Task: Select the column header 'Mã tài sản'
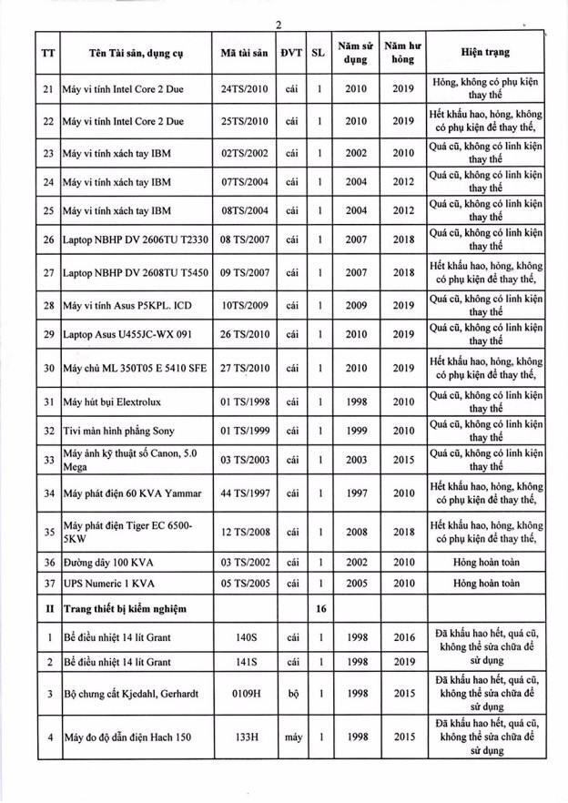pos(244,54)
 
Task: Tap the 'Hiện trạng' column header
pos(480,54)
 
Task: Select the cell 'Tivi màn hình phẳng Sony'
pos(118,431)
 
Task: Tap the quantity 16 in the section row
pos(319,608)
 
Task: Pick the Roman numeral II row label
pos(47,608)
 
